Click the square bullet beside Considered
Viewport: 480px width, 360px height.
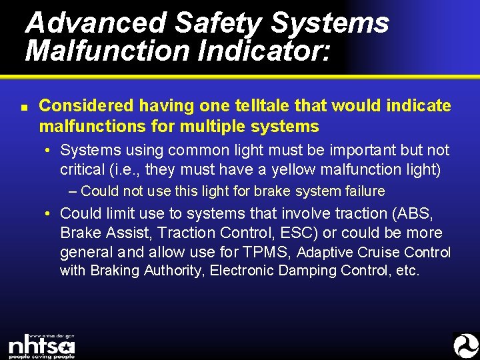click(23, 107)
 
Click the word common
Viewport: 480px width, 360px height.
click(198, 150)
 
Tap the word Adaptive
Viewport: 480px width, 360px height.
click(325, 253)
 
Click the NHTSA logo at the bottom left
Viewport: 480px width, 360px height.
click(41, 346)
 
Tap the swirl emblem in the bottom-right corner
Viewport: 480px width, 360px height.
click(465, 345)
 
